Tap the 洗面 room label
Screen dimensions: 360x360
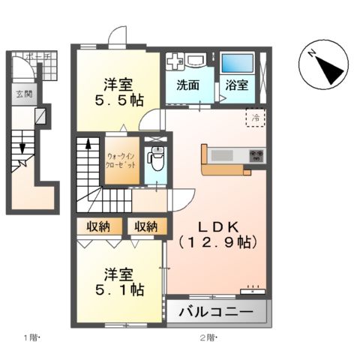188,85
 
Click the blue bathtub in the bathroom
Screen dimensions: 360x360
237,64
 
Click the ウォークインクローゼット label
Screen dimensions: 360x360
121,160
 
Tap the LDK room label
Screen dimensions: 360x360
218,226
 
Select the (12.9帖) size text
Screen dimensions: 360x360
218,242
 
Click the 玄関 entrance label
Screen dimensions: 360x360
23,94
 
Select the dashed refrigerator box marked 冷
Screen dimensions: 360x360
254,118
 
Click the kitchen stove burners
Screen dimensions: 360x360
257,156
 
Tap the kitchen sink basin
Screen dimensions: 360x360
223,156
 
